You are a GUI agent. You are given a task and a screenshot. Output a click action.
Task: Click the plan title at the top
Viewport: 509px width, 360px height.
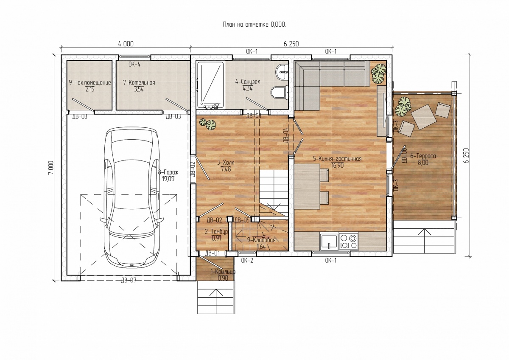coord(254,24)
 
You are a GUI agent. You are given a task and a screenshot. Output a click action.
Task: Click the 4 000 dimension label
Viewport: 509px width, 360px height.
coord(126,44)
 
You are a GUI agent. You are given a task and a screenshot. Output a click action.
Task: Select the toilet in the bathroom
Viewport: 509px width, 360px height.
coord(279,93)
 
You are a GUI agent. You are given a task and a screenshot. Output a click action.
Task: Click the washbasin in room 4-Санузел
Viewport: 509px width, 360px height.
coord(281,72)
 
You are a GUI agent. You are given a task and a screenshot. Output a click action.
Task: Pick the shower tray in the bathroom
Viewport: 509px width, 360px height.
coord(210,85)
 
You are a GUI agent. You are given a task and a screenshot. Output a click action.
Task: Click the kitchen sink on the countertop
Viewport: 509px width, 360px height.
coord(329,242)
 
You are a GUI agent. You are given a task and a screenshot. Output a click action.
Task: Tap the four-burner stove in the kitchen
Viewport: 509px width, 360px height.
coord(349,241)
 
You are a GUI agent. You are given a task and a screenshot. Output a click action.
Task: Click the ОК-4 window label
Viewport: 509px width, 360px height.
coord(134,65)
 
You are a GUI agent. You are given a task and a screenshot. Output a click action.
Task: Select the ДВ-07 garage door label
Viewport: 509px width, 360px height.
coord(129,280)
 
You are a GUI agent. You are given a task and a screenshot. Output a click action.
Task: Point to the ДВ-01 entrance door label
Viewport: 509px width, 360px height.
coord(213,253)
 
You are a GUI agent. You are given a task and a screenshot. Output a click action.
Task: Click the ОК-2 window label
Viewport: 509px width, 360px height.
coord(247,260)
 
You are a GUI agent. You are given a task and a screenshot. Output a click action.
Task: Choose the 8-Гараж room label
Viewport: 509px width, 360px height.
coord(168,172)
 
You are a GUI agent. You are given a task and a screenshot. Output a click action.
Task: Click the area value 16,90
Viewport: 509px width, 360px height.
coord(337,165)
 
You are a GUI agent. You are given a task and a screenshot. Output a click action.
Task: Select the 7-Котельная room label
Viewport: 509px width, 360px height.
coord(139,82)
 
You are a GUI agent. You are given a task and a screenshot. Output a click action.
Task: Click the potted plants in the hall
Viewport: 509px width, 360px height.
coord(208,124)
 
